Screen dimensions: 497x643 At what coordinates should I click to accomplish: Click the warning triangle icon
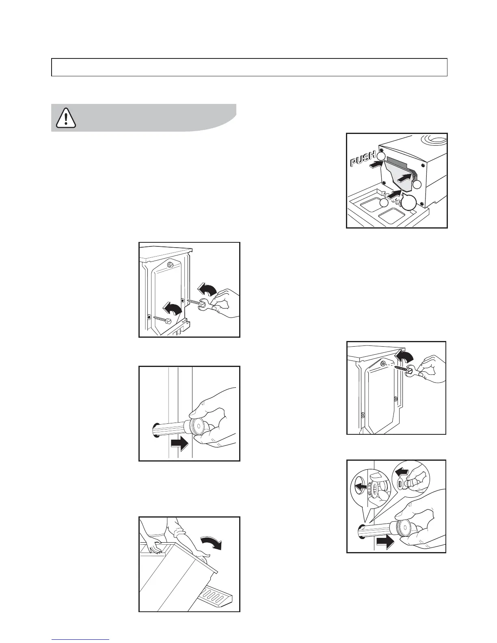tap(65, 118)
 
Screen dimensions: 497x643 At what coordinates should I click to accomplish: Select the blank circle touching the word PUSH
tap(381, 156)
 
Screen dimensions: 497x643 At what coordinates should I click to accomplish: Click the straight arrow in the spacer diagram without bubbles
tap(179, 443)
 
